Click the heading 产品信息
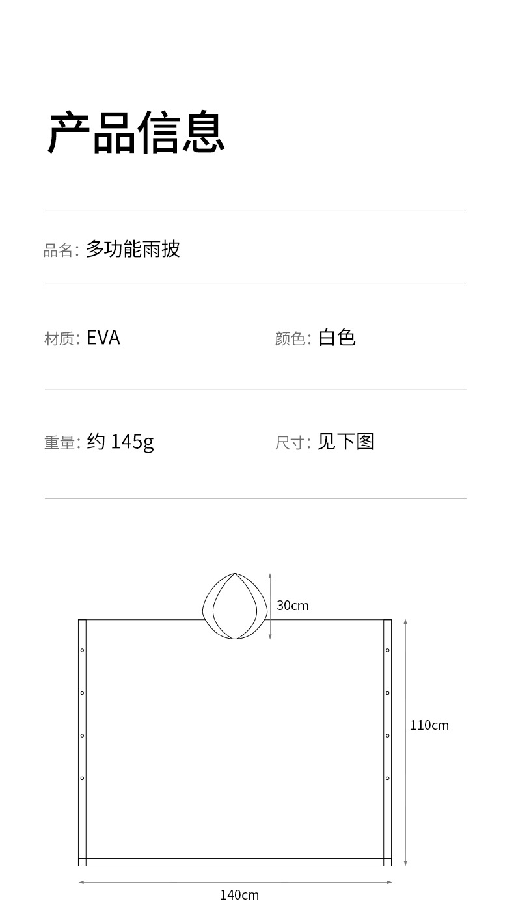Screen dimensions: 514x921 click(137, 133)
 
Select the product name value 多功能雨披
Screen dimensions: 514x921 click(133, 249)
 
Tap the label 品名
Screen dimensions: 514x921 click(59, 250)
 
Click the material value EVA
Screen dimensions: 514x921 click(103, 338)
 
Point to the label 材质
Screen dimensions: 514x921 click(59, 339)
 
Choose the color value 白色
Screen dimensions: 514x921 click(337, 338)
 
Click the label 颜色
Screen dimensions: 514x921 click(290, 339)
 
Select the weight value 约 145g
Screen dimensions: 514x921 click(120, 442)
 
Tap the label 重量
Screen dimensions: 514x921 click(59, 443)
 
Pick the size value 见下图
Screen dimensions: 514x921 click(346, 442)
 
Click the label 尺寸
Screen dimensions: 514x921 click(290, 443)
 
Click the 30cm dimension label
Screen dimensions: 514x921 click(293, 606)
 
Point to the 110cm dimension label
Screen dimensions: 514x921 click(429, 725)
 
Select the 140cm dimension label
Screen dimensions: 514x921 click(239, 896)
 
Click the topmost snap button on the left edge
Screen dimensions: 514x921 click(82, 650)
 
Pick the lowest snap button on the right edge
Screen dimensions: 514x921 click(388, 778)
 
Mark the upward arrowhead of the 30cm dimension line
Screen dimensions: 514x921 click(270, 576)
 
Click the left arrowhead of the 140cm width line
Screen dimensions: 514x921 click(81, 883)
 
